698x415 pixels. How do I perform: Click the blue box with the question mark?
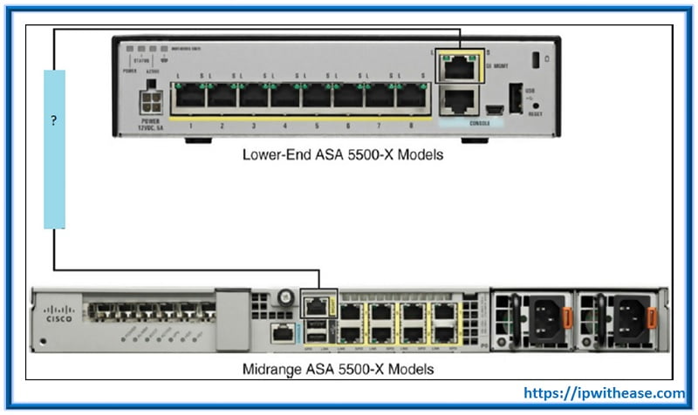click(54, 148)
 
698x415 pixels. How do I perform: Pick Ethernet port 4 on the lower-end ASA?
click(285, 97)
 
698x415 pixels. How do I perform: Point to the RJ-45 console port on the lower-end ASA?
click(458, 101)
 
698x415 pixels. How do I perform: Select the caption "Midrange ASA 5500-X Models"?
click(338, 369)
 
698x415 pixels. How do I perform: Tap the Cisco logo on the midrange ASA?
click(62, 317)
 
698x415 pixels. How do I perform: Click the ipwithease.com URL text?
click(603, 394)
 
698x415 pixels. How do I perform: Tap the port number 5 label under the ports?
click(317, 126)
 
